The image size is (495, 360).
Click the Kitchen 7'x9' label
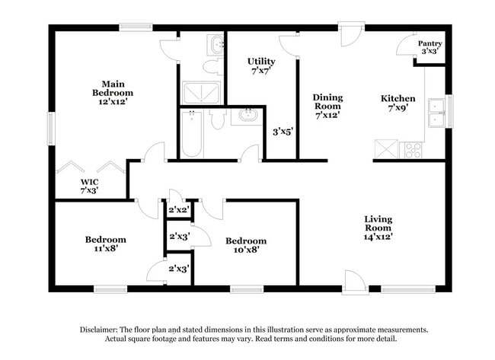(x=398, y=104)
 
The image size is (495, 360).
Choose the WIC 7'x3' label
(x=90, y=187)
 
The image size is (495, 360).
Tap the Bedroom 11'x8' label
(x=105, y=244)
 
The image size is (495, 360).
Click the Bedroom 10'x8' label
(x=246, y=246)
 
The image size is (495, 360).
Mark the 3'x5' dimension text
(x=283, y=132)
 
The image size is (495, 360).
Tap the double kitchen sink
(x=437, y=112)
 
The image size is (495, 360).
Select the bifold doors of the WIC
(x=90, y=167)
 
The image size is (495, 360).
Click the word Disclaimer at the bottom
(x=102, y=330)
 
